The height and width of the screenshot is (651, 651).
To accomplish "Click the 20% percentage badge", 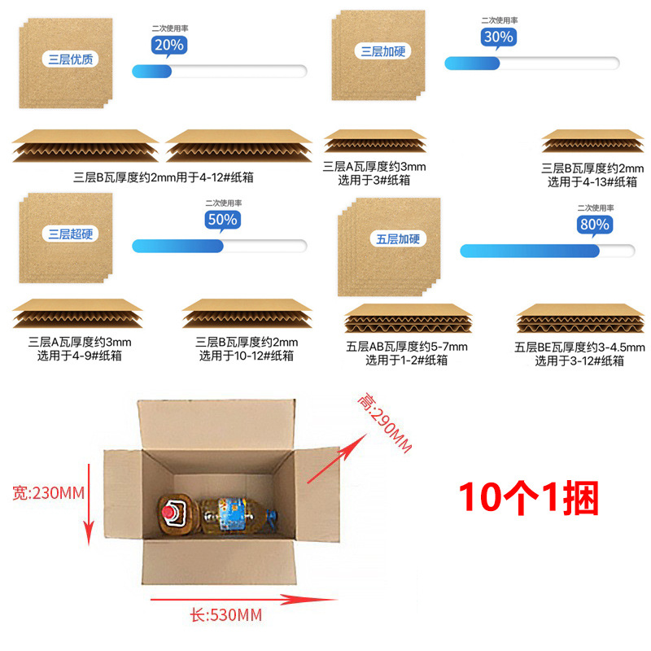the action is [168, 46].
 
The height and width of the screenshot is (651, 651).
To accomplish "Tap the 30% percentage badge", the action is [498, 37].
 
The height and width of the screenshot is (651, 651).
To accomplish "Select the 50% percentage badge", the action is [221, 219].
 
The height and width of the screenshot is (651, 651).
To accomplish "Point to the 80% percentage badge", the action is [594, 224].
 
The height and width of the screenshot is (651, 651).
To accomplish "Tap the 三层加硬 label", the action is [382, 51].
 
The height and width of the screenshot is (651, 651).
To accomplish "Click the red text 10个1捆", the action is [529, 498].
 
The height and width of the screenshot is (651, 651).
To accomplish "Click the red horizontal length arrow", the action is [244, 601].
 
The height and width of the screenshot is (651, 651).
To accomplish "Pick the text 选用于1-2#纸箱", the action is [407, 360].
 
